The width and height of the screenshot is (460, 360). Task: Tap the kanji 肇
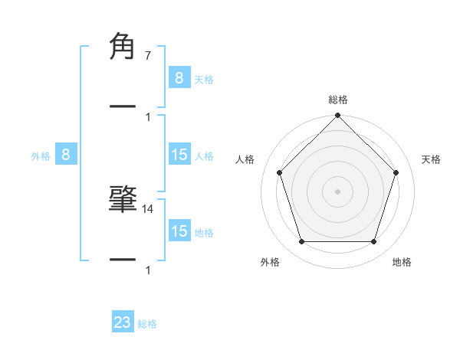tap(123, 198)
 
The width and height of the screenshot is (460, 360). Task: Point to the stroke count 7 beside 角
tap(148, 56)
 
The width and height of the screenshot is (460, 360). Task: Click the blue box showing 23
tap(123, 322)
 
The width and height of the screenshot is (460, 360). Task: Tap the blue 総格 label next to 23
tap(147, 324)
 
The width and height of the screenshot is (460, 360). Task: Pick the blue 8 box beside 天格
tap(179, 77)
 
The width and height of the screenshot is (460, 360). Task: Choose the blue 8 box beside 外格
tap(66, 155)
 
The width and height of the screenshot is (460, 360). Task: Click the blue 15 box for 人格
tap(179, 155)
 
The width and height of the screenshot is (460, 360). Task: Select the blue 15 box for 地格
tap(179, 231)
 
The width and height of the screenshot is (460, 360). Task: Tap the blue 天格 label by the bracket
tap(204, 79)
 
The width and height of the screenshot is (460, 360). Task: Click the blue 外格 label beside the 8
tap(41, 156)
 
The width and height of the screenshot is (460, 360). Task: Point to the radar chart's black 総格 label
tap(338, 100)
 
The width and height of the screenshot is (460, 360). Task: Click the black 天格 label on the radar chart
tap(432, 159)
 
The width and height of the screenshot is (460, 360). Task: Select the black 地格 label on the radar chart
tap(402, 262)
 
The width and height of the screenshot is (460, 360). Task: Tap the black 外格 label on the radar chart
tap(270, 262)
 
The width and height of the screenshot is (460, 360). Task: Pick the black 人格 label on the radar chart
tap(245, 159)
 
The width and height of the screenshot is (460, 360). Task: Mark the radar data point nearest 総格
tap(338, 116)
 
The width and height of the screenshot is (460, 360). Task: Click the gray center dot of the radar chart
tap(338, 191)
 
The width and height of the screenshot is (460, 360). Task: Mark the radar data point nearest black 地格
tap(374, 242)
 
